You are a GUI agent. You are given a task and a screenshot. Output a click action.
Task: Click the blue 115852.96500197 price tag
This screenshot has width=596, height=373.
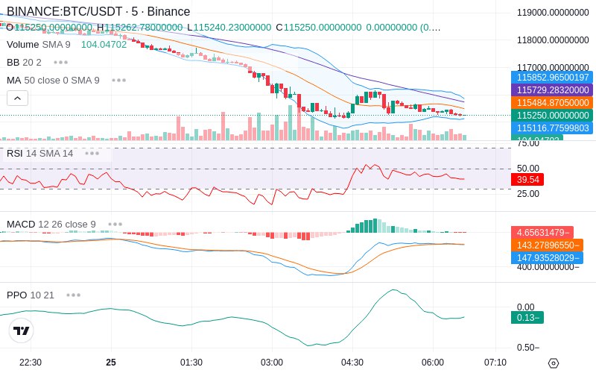pos(552,78)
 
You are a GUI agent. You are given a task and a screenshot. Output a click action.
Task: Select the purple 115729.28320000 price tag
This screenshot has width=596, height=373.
pos(552,90)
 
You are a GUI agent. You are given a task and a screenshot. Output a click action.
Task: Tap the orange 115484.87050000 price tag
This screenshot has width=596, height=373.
pos(552,103)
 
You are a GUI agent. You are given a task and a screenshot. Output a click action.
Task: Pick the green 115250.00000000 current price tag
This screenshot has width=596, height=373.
pos(552,116)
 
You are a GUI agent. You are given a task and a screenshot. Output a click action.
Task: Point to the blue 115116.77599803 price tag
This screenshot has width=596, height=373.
pos(552,128)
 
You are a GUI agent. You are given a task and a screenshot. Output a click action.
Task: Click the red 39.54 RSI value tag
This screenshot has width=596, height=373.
pos(528,180)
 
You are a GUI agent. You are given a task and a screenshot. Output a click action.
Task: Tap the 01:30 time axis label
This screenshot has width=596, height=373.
pos(191,363)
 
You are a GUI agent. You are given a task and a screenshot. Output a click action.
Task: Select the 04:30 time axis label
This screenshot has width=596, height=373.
pos(352,363)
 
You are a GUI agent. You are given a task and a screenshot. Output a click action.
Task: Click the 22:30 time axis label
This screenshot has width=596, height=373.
pos(31,363)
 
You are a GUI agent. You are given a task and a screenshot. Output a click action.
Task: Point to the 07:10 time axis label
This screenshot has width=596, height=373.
pos(495,363)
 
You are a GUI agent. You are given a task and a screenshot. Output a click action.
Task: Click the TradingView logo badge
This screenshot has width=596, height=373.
pos(22,330)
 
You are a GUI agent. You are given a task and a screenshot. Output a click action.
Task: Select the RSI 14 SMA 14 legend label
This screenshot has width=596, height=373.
pos(40,154)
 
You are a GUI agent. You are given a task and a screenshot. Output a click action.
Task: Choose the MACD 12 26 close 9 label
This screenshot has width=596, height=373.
pos(51,224)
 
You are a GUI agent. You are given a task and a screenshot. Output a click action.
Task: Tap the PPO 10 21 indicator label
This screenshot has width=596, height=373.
pos(31,295)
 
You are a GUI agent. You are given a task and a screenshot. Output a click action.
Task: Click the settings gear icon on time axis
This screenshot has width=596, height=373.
pos(554,363)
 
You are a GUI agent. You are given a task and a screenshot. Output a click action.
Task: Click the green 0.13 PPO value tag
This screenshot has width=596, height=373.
pos(527,317)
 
